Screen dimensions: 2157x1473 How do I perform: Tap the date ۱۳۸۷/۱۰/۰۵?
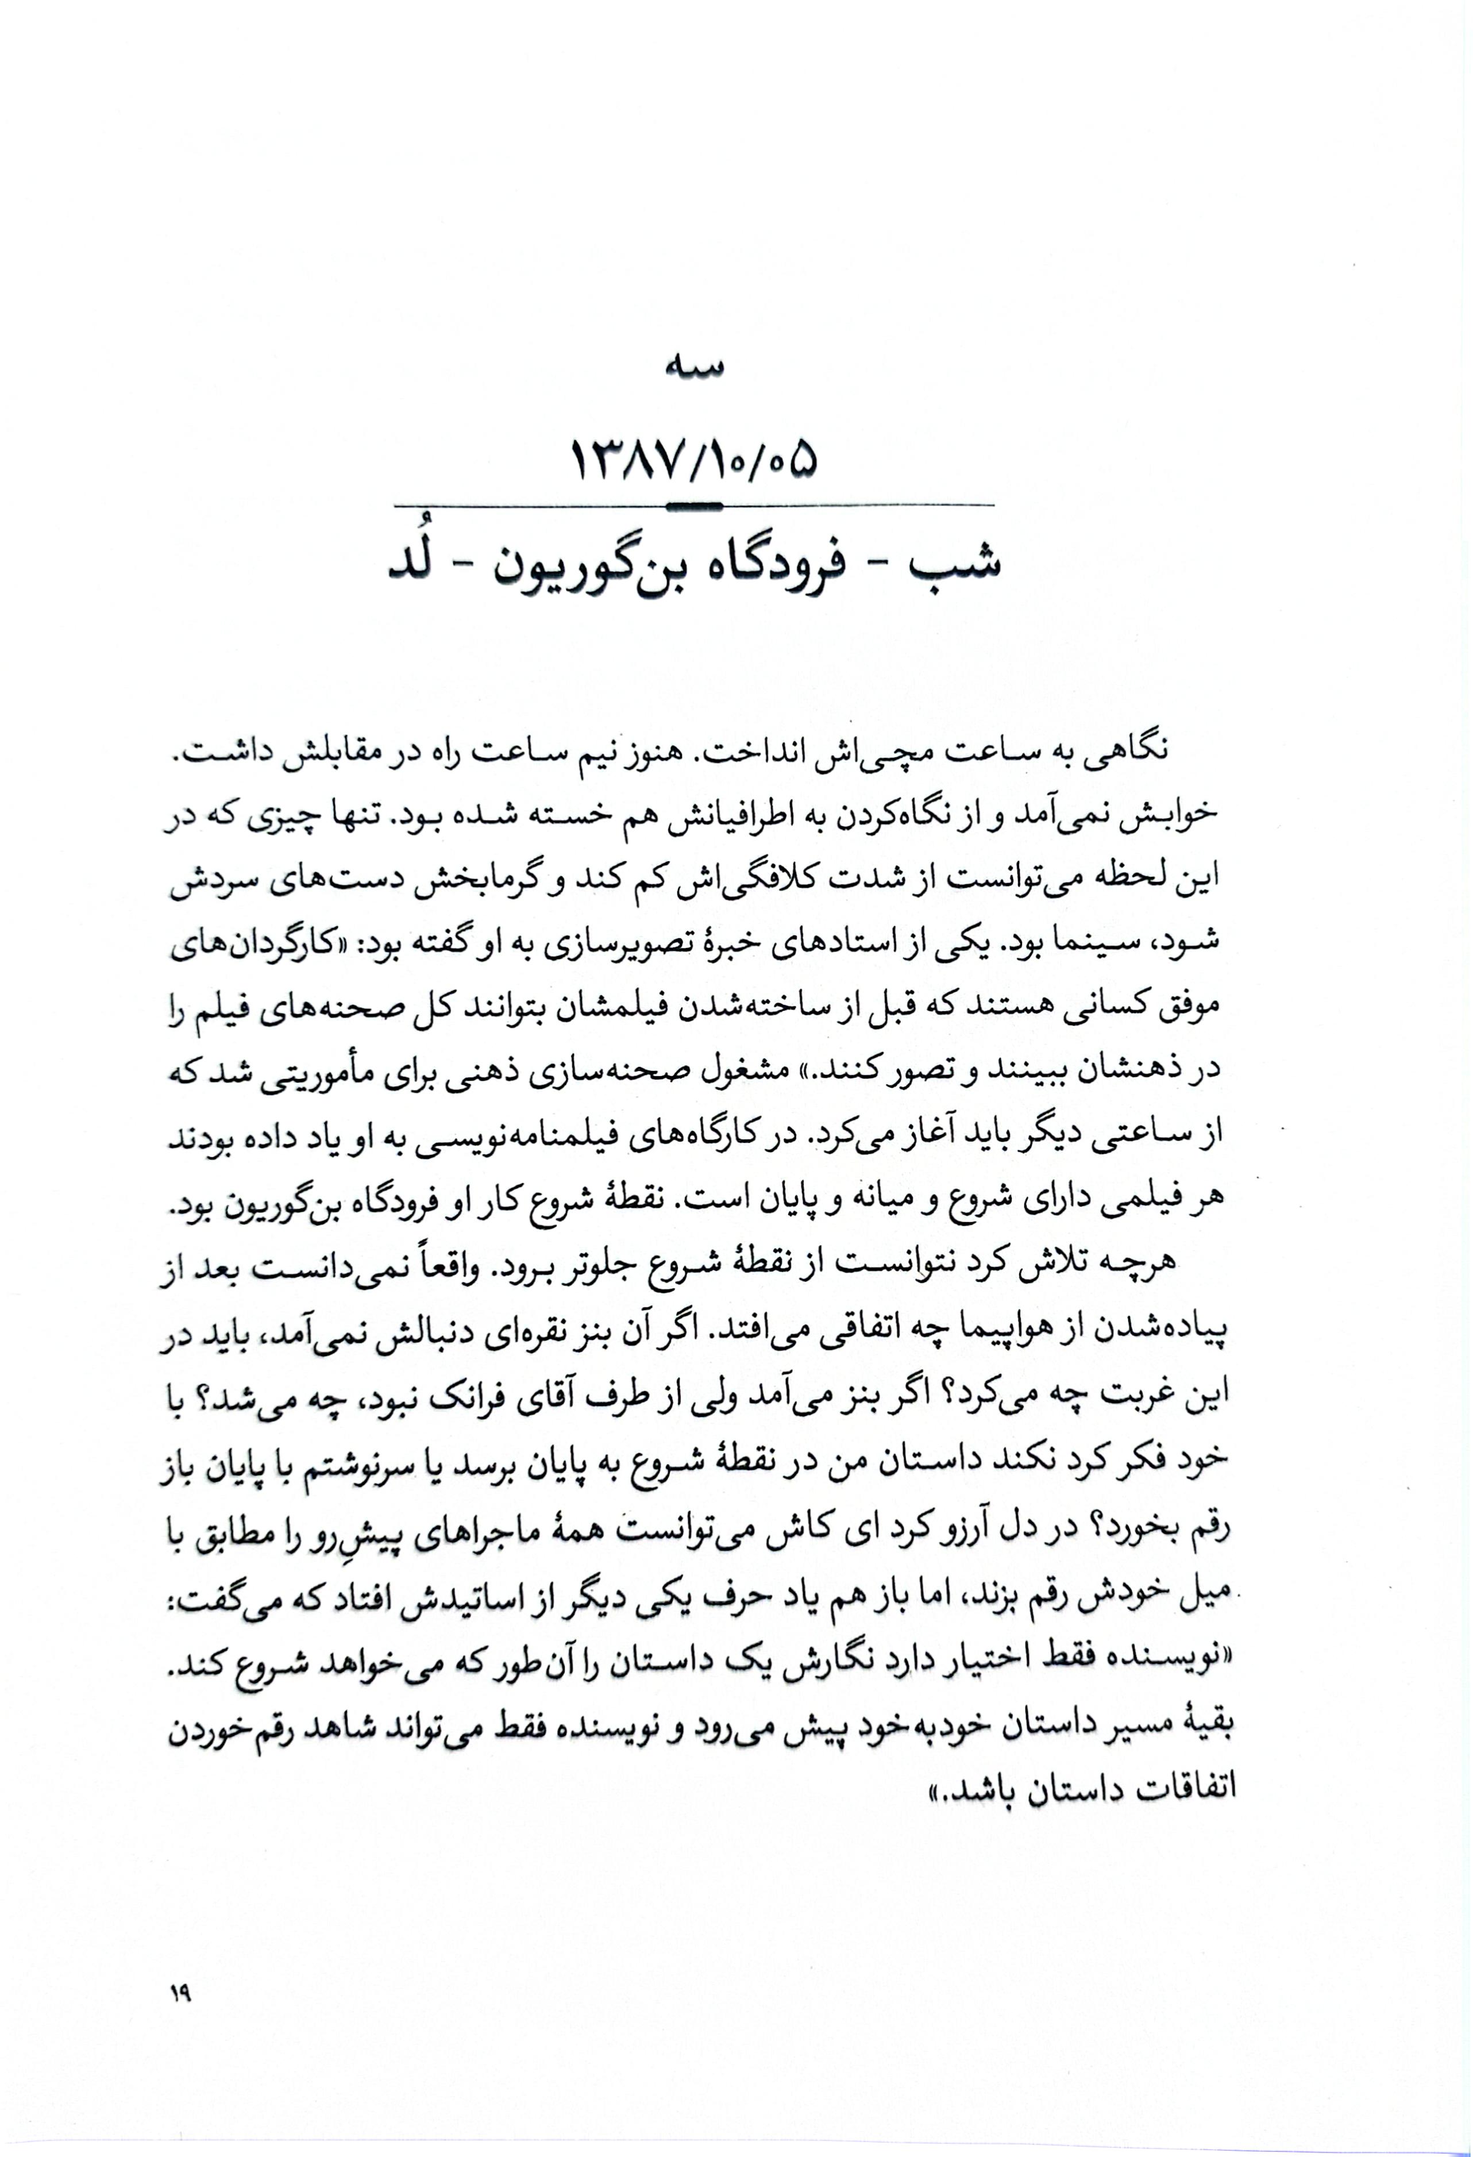[694, 461]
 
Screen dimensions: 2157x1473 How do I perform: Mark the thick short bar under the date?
[694, 505]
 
